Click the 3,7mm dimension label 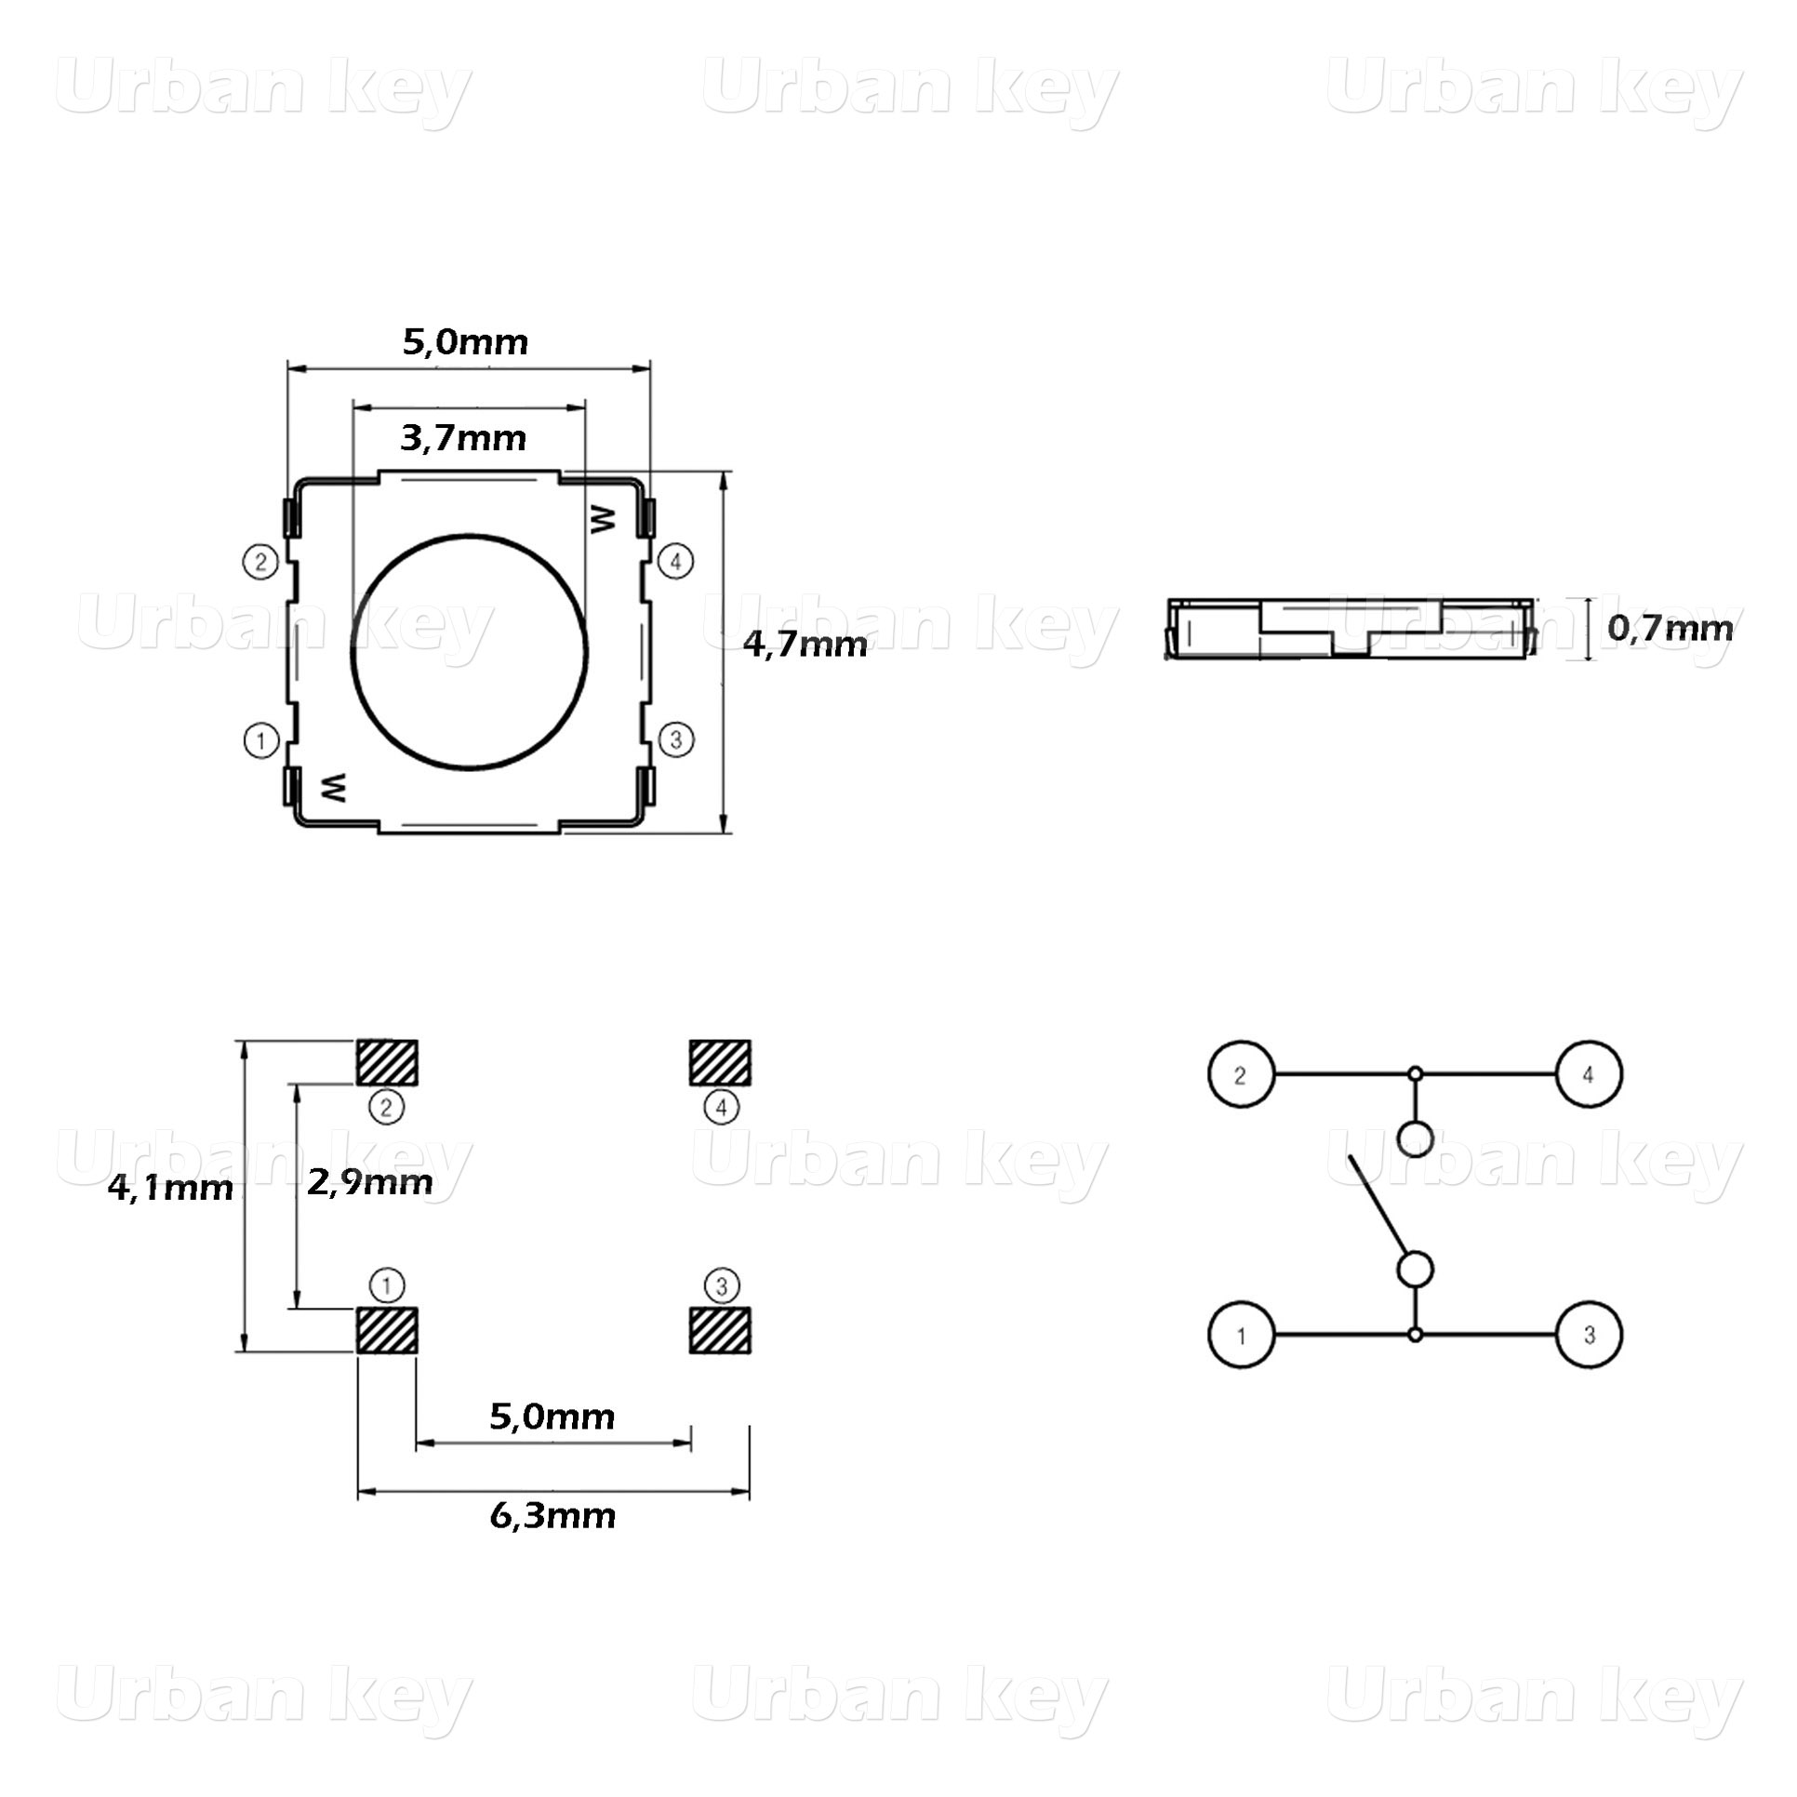(x=463, y=438)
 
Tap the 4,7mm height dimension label (x=805, y=644)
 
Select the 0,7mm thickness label (x=1671, y=628)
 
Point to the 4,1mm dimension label (x=170, y=1188)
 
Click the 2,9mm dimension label (x=370, y=1182)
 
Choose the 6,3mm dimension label (x=552, y=1515)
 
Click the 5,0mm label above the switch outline (x=465, y=342)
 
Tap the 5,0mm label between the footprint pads (x=552, y=1417)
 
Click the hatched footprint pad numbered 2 (x=387, y=1062)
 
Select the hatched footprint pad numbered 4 (x=720, y=1062)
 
